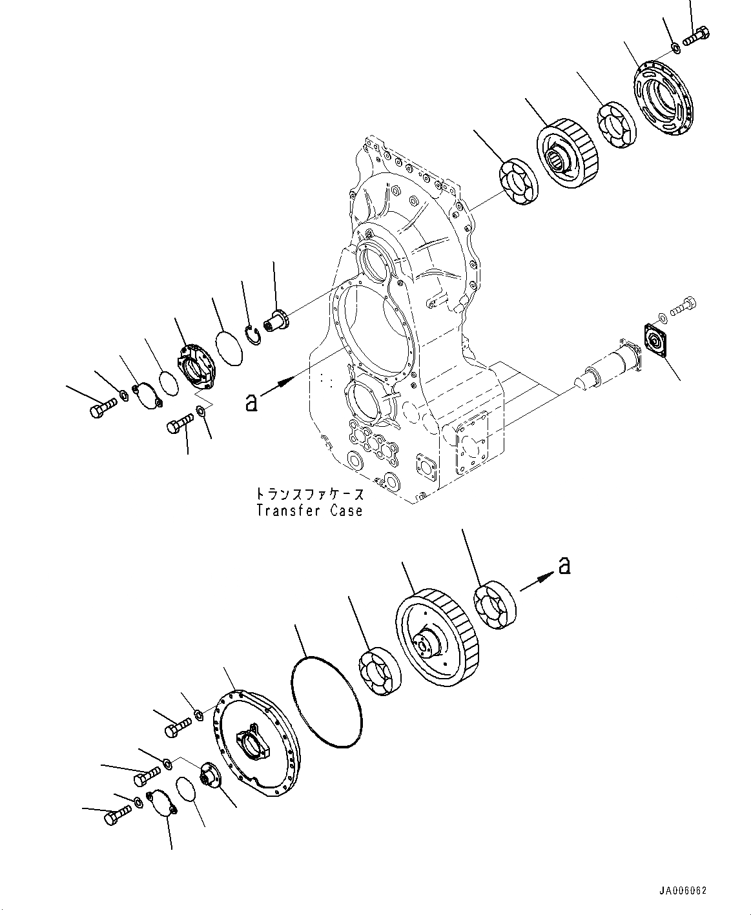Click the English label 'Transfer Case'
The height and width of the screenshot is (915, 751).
coord(309,511)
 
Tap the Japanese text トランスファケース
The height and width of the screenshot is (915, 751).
coord(309,495)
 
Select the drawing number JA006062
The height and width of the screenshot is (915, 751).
coord(684,890)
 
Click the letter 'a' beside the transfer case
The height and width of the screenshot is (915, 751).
coord(252,402)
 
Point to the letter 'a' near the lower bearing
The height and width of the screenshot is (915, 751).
coord(564,566)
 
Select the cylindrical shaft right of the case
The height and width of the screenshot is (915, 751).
coord(607,365)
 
